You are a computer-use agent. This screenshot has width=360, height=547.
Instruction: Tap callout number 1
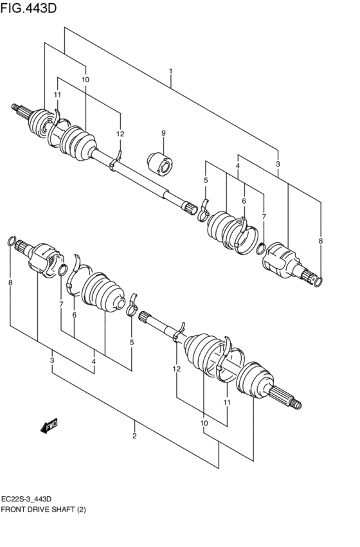[x=170, y=71]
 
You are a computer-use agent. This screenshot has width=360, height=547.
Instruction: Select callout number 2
[x=134, y=437]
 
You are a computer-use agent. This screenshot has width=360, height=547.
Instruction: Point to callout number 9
[x=163, y=133]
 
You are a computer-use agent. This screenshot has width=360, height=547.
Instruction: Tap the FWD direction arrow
[x=49, y=425]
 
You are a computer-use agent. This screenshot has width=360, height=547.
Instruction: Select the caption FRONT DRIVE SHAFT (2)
[x=43, y=509]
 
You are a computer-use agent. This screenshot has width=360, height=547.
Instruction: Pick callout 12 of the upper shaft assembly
[x=120, y=133]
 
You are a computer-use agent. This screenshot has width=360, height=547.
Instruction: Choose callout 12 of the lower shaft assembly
[x=176, y=369]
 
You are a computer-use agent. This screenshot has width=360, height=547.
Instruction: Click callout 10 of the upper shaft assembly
[x=85, y=79]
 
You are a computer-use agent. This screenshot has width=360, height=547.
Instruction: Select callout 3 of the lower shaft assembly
[x=52, y=361]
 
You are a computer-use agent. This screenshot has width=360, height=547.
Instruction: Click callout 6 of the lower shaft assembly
[x=74, y=315]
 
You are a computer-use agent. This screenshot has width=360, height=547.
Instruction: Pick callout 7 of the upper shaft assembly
[x=264, y=217]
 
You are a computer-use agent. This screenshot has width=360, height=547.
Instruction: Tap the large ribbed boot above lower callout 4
[x=103, y=296]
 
